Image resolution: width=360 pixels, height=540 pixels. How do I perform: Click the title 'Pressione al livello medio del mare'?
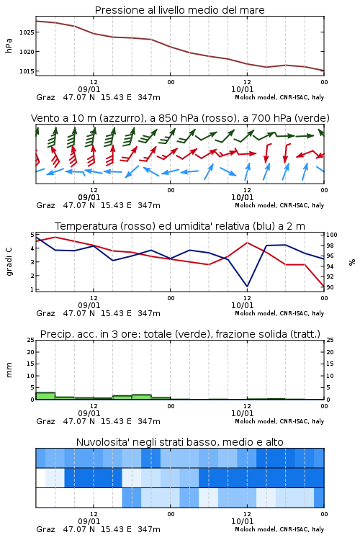point(179,10)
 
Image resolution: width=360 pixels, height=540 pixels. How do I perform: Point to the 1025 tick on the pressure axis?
point(26,32)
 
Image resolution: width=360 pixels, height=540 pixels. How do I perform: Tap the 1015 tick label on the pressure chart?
point(26,71)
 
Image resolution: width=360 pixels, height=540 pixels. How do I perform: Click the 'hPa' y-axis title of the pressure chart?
point(9,45)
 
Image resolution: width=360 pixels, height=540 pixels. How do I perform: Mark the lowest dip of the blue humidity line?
point(247,286)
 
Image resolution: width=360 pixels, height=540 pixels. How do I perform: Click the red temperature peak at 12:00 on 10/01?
point(247,243)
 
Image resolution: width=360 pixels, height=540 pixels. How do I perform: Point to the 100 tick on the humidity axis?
point(332,235)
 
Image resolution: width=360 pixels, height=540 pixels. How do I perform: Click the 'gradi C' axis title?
point(9,261)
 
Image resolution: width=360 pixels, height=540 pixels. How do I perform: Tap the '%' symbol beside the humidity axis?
point(352,262)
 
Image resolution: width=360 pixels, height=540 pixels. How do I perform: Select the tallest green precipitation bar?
point(45,396)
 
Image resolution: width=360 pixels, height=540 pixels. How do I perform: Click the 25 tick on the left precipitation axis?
point(30,341)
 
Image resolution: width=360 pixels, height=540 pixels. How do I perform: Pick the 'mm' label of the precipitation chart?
point(9,370)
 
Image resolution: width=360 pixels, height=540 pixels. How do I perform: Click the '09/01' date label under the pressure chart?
point(89,89)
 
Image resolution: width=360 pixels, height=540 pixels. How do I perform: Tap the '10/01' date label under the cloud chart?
point(242,521)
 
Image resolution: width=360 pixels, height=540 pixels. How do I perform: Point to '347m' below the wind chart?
point(149,205)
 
